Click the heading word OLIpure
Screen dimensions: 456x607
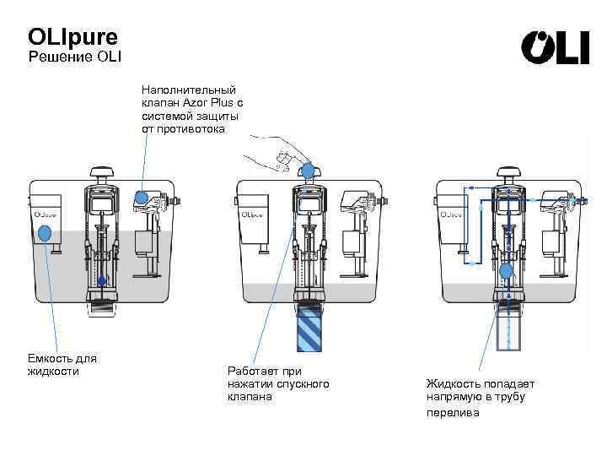pyautogui.click(x=73, y=38)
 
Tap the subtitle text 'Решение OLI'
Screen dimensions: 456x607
pyautogui.click(x=75, y=57)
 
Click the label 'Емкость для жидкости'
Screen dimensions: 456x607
pyautogui.click(x=62, y=365)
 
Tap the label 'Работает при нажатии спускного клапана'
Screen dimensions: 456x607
pyautogui.click(x=278, y=384)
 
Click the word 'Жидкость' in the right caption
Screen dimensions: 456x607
pyautogui.click(x=454, y=384)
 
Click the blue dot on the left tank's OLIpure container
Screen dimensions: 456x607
pyautogui.click(x=46, y=234)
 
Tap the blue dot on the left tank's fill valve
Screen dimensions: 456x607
pyautogui.click(x=142, y=198)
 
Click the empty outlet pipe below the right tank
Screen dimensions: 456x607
pyautogui.click(x=508, y=329)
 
